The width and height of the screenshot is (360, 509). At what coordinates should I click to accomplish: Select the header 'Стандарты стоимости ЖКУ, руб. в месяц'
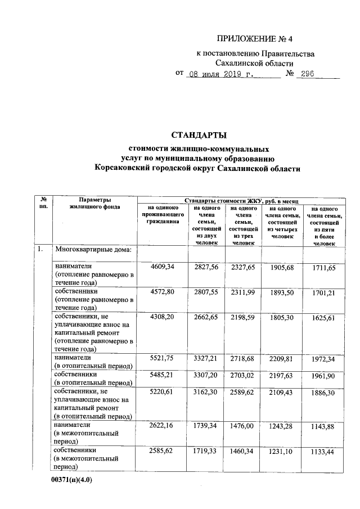(244, 200)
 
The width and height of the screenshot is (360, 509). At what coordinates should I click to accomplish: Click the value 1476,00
(242, 428)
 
